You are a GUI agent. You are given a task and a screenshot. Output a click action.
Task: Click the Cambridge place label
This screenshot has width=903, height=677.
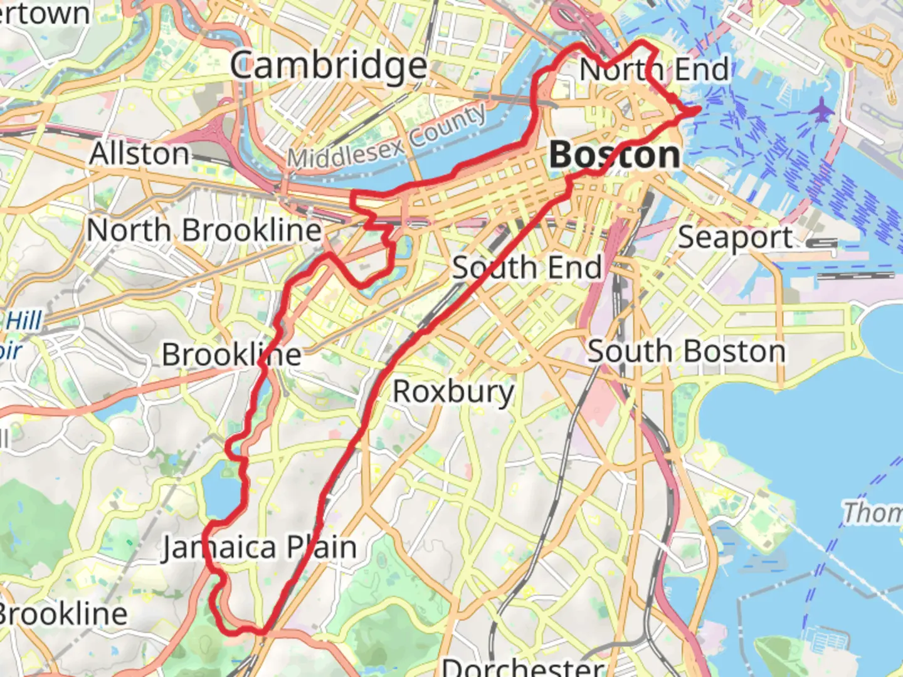[x=328, y=66]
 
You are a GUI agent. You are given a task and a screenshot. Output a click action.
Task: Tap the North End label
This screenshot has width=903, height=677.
[x=654, y=69]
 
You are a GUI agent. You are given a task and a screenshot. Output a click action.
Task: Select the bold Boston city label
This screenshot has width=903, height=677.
[x=615, y=155]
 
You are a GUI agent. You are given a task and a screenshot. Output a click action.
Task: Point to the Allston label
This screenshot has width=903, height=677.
[x=139, y=154]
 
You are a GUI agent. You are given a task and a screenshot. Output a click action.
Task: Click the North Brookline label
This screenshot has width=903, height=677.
[x=204, y=230]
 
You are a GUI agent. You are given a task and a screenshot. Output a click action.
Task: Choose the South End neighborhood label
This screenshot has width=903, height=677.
[x=527, y=268]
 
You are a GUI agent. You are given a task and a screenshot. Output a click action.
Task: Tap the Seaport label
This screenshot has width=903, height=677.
[x=735, y=238]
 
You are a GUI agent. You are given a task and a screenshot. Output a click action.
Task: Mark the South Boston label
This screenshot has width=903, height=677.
[x=686, y=351]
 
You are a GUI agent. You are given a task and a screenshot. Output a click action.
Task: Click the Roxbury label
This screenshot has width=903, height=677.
[x=453, y=392]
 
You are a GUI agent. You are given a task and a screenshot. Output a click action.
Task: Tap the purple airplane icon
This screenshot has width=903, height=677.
[x=820, y=111]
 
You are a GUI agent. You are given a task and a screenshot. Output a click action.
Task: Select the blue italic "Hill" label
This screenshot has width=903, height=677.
[x=24, y=321]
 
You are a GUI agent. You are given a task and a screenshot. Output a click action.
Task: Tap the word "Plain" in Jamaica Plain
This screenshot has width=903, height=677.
[x=322, y=548]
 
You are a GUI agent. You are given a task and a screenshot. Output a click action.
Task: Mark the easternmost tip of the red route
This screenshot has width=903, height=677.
[x=699, y=111]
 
